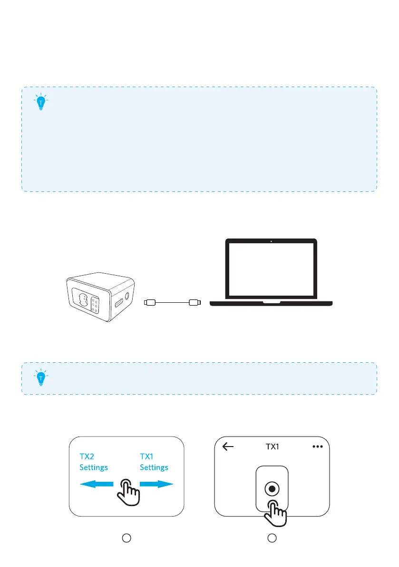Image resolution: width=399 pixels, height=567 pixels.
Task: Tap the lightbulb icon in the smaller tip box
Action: [x=41, y=378]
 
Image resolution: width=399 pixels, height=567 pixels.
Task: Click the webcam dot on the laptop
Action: [x=271, y=241]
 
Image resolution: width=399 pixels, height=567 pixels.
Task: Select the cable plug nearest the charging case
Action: [x=149, y=302]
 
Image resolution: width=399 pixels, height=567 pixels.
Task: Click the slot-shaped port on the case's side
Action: [x=117, y=303]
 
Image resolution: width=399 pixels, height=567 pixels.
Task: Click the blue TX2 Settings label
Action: [x=93, y=461]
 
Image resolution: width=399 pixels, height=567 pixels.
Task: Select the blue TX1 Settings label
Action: [x=154, y=461]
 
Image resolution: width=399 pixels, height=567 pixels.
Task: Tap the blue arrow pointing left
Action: [x=96, y=484]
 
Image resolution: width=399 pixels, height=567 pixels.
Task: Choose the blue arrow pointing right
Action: [x=156, y=484]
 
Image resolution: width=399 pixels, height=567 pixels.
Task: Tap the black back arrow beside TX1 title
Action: [x=228, y=447]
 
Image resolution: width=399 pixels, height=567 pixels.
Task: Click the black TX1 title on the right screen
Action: [x=272, y=447]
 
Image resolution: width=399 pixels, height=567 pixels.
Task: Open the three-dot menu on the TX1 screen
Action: [x=318, y=447]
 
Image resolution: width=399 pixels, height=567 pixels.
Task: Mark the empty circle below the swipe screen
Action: [x=126, y=537]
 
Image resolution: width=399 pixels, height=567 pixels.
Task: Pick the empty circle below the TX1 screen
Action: [x=272, y=537]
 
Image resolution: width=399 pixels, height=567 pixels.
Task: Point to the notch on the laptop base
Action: [x=271, y=301]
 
